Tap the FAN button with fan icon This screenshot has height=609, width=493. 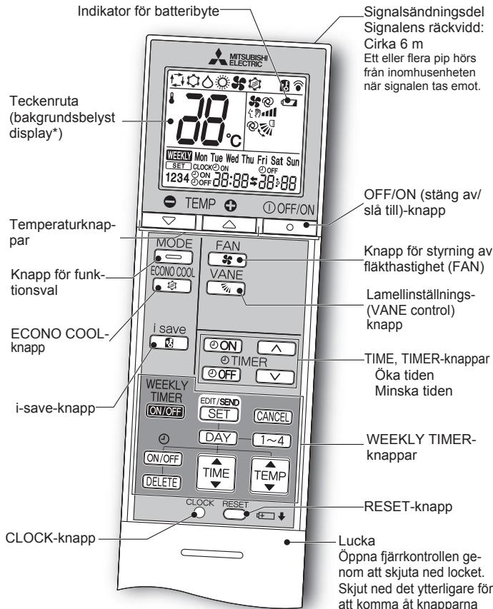pyautogui.click(x=227, y=259)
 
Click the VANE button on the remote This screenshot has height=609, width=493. pyautogui.click(x=226, y=288)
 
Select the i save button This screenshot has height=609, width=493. pyautogui.click(x=169, y=343)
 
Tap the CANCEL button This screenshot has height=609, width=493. pyautogui.click(x=272, y=417)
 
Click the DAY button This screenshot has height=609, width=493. pyautogui.click(x=218, y=438)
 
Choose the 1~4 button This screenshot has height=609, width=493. pyautogui.click(x=272, y=441)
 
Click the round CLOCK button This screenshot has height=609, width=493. pyautogui.click(x=199, y=513)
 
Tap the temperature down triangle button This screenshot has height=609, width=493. pyautogui.click(x=169, y=221)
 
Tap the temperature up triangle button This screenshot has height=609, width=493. pyautogui.click(x=229, y=224)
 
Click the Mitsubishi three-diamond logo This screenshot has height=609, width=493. pyautogui.click(x=218, y=57)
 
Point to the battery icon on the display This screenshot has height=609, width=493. pyautogui.click(x=289, y=102)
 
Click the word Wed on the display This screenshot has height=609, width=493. pyautogui.click(x=232, y=158)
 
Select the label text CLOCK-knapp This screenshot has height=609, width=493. pyautogui.click(x=50, y=538)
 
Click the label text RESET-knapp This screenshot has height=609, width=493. pyautogui.click(x=408, y=506)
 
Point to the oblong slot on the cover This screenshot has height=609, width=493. pyautogui.click(x=212, y=553)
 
